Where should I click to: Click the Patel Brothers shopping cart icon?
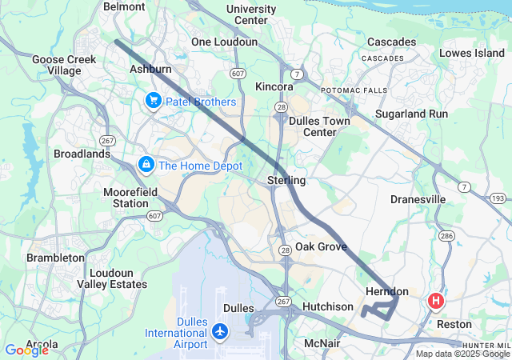pyautogui.click(x=153, y=102)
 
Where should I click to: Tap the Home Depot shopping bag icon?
pyautogui.click(x=146, y=166)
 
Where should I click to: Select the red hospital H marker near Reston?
pyautogui.click(x=436, y=302)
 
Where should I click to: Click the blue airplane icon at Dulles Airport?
pyautogui.click(x=219, y=330)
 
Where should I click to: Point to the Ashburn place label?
pyautogui.click(x=150, y=70)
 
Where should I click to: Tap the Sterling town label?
pyautogui.click(x=286, y=181)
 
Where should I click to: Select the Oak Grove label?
pyautogui.click(x=321, y=246)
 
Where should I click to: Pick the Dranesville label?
pyautogui.click(x=418, y=198)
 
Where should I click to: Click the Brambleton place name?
pyautogui.click(x=55, y=258)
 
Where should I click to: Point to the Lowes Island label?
pyautogui.click(x=472, y=53)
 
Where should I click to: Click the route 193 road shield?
pyautogui.click(x=498, y=198)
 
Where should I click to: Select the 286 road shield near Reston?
pyautogui.click(x=446, y=236)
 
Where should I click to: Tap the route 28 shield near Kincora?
pyautogui.click(x=280, y=106)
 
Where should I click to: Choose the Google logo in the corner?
pyautogui.click(x=26, y=350)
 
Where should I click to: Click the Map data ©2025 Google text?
pyautogui.click(x=462, y=354)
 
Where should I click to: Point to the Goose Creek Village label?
pyautogui.click(x=64, y=65)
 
